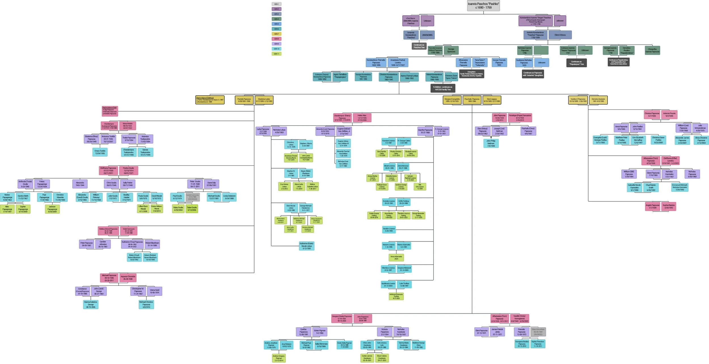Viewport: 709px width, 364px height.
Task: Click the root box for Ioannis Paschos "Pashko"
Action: (x=483, y=6)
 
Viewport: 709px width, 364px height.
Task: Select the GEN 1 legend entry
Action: (x=276, y=4)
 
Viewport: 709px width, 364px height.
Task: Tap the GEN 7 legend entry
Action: (x=276, y=34)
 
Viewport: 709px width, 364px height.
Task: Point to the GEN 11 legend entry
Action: (x=276, y=54)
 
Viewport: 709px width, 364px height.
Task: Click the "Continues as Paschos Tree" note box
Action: (x=419, y=46)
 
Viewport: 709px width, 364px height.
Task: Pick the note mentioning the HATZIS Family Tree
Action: (x=443, y=88)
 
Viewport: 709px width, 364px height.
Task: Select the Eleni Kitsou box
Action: (x=560, y=35)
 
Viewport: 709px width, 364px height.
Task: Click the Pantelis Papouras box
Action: (x=244, y=100)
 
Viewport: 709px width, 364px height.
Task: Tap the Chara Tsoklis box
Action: (x=100, y=152)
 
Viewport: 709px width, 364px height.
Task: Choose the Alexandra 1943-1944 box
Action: (x=80, y=184)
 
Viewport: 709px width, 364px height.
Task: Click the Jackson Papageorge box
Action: (x=52, y=209)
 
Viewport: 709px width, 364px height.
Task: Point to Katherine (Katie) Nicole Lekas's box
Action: (x=307, y=246)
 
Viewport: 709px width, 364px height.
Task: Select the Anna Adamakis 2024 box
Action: (x=396, y=258)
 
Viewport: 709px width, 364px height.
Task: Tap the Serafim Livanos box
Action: (x=389, y=230)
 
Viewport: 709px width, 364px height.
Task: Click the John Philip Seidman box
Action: (x=491, y=144)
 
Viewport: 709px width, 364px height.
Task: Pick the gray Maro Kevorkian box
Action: (x=538, y=332)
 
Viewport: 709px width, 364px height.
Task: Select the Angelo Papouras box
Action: (x=652, y=207)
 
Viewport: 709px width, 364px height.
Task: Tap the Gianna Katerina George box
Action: (x=91, y=304)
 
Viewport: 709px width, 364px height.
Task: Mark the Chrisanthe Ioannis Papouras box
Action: (x=652, y=51)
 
